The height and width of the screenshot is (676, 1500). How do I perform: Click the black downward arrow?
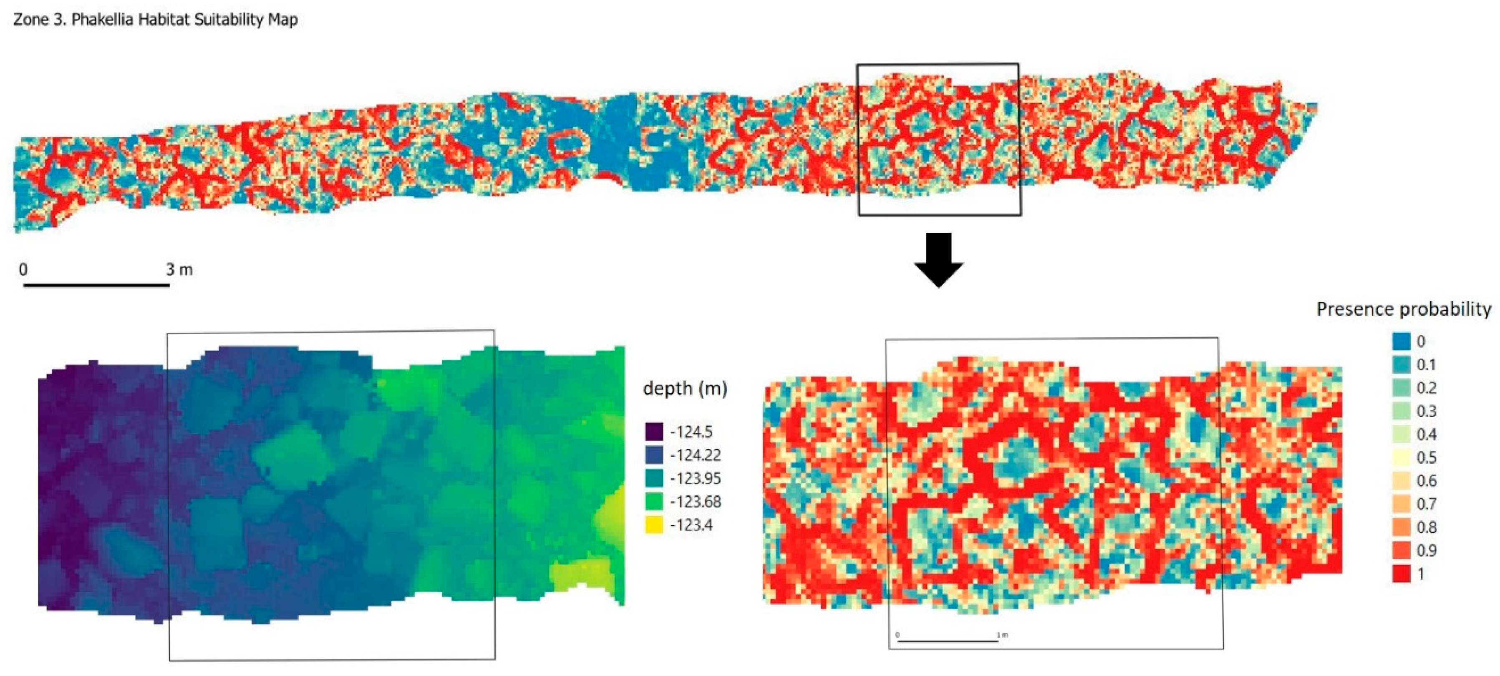938,259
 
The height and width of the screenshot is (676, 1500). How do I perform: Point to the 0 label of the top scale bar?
23,269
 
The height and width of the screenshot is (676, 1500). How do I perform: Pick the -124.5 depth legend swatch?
654,432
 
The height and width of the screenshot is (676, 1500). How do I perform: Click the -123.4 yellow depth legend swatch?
654,525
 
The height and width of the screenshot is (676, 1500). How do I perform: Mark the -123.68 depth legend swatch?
654,501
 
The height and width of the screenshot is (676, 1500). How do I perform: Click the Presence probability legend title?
1403,309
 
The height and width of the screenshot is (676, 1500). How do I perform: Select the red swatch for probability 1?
1401,573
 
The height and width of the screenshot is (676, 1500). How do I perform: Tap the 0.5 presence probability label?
1426,457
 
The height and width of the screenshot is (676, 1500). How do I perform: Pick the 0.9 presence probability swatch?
1401,550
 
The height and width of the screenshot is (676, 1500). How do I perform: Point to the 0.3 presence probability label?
1426,411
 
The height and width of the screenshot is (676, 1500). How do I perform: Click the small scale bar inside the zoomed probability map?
948,641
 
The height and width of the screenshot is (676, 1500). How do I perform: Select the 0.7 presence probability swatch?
1401,504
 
